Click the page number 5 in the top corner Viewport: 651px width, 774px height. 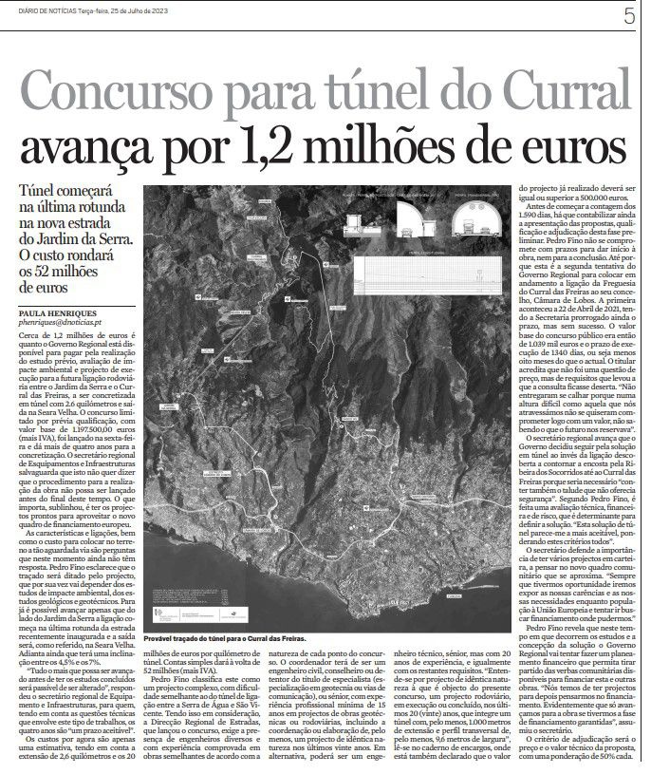pyautogui.click(x=629, y=16)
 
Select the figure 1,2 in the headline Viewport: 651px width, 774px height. pyautogui.click(x=256, y=151)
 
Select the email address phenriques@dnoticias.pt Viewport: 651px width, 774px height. pyautogui.click(x=63, y=324)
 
